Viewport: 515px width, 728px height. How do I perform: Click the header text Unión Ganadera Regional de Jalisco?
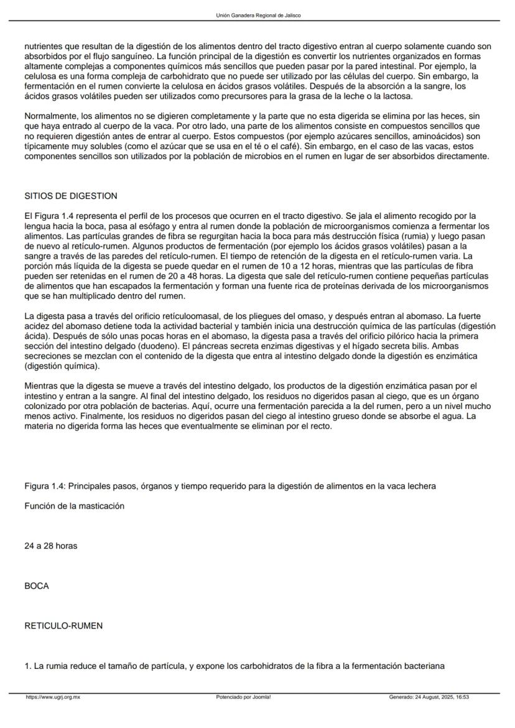click(x=257, y=16)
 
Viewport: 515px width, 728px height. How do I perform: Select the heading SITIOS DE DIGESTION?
click(x=71, y=196)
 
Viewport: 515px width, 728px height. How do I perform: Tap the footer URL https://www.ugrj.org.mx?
click(x=53, y=698)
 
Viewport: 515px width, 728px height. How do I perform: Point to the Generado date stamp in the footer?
click(x=428, y=698)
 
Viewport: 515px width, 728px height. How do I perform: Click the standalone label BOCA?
click(x=37, y=586)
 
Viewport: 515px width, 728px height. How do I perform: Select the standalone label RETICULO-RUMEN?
click(x=63, y=626)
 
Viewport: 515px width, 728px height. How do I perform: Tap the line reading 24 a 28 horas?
click(x=51, y=546)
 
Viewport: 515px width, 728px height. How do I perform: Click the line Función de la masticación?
click(x=75, y=506)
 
